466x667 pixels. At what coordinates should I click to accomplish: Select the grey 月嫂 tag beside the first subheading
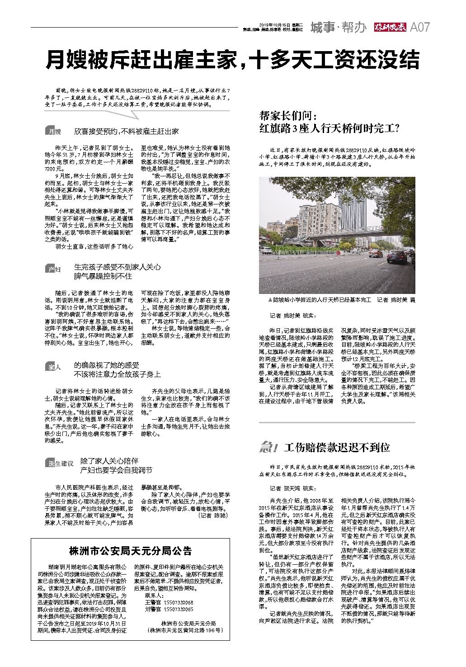(x=53, y=132)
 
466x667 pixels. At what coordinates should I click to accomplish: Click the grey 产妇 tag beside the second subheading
(x=53, y=270)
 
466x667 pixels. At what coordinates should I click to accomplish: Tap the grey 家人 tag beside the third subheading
(x=53, y=368)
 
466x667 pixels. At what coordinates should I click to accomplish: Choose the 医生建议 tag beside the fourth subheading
(x=60, y=463)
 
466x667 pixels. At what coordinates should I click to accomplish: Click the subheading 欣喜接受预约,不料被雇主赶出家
(x=127, y=132)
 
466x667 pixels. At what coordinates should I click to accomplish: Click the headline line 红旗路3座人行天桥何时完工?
(x=329, y=128)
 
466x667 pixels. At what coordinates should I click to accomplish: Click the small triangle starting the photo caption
(x=270, y=300)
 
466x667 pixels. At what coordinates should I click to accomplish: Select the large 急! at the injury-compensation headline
(x=268, y=448)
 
